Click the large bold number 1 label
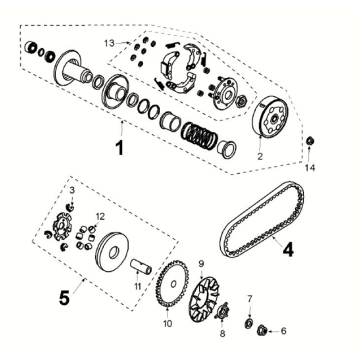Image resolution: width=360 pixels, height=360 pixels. (x=119, y=148)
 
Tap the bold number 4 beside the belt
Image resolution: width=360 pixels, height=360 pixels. (x=288, y=250)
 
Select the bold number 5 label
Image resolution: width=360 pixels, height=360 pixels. (x=64, y=298)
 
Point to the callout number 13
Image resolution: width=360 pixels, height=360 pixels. (x=109, y=43)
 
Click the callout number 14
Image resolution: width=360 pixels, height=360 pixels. (x=310, y=168)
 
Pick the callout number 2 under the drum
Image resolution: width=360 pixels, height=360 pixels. (x=260, y=156)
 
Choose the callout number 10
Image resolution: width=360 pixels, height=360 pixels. (x=168, y=324)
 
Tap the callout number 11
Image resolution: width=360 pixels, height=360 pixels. (x=138, y=286)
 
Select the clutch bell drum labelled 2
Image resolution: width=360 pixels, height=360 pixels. (x=270, y=117)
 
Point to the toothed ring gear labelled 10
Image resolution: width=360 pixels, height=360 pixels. (x=172, y=284)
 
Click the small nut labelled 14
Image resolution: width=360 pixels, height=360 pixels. (x=310, y=141)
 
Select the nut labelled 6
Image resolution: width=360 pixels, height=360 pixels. (x=262, y=331)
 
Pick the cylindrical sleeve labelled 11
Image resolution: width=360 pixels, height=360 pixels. (x=141, y=266)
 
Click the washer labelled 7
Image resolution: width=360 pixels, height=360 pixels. (x=248, y=323)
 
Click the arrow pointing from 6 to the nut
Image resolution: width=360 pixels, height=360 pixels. (x=272, y=331)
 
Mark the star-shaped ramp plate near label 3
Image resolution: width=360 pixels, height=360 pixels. (x=63, y=227)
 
